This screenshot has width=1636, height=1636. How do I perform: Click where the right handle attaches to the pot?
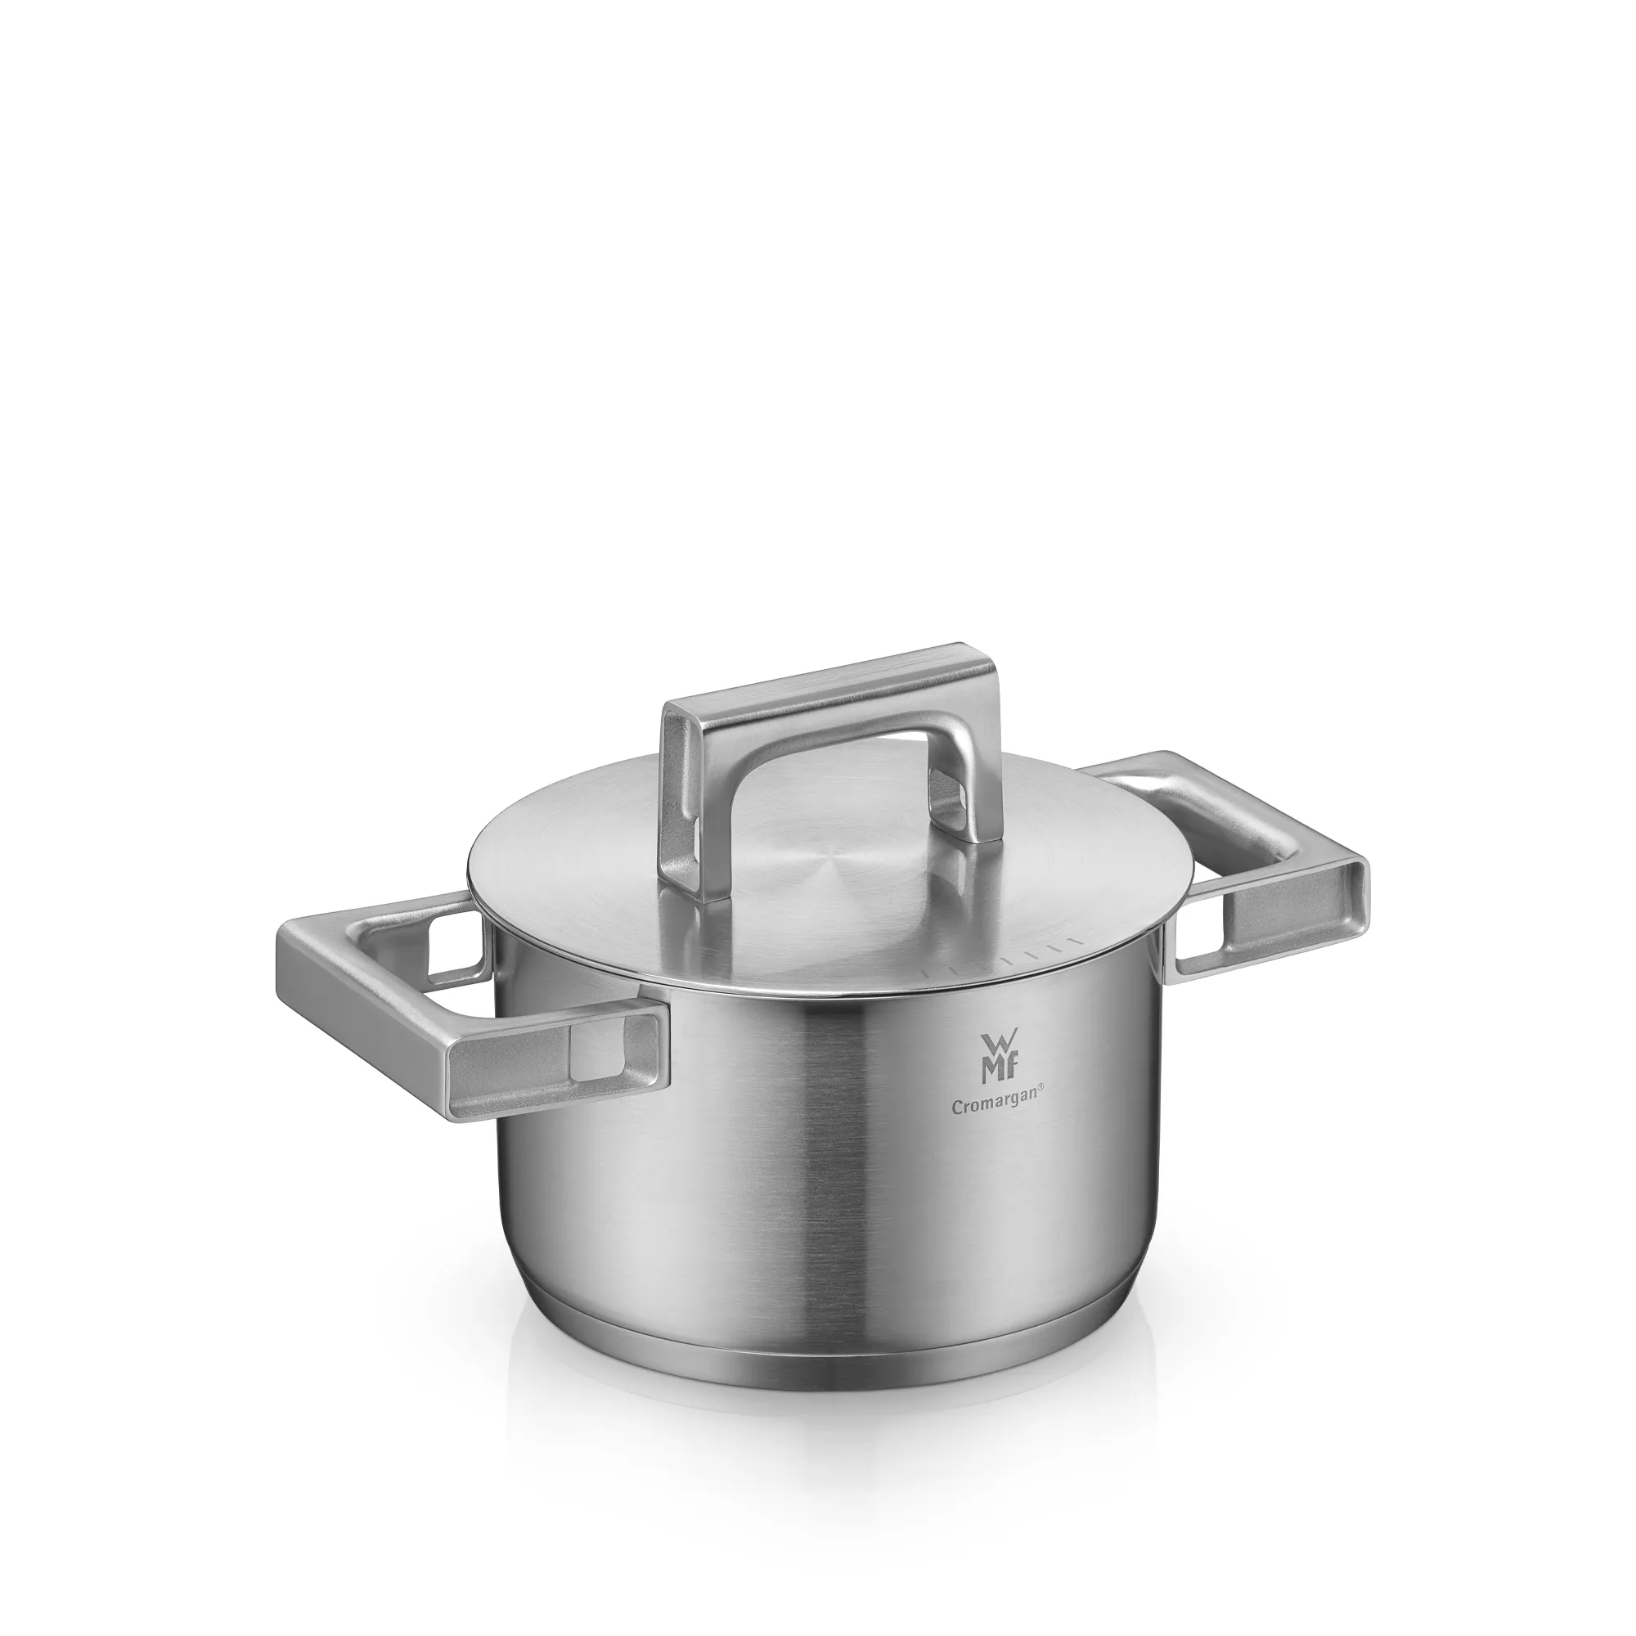(x=1174, y=965)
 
